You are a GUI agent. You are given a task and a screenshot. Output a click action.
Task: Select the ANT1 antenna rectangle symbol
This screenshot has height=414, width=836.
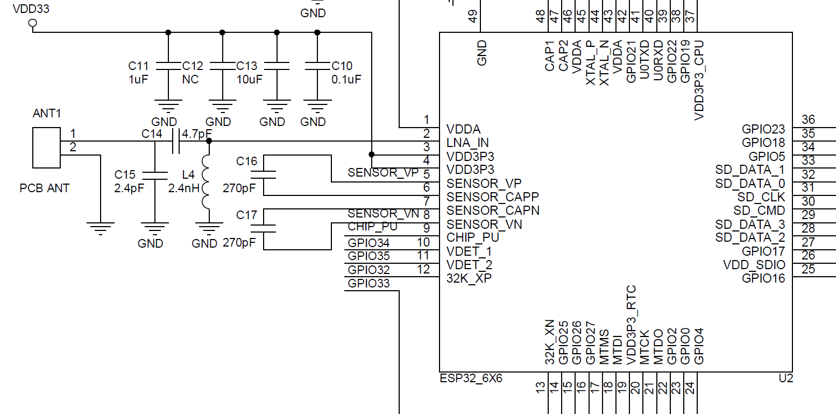46,148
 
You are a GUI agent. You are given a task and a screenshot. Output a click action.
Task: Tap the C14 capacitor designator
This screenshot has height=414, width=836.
152,134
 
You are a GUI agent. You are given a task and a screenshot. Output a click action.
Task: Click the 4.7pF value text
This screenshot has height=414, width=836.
197,134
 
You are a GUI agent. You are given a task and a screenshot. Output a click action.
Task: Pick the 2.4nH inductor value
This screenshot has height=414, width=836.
184,188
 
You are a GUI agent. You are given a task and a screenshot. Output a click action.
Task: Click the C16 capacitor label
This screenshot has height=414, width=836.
247,161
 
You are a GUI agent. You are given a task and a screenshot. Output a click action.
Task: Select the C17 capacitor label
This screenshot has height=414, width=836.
247,215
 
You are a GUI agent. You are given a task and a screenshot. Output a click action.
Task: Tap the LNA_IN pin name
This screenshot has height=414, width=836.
467,143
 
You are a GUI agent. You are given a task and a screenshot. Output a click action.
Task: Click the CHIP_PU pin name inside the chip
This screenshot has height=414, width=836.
473,237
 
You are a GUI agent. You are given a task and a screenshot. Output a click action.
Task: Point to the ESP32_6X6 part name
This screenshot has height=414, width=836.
471,378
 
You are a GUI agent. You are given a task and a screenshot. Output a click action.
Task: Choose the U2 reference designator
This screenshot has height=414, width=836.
786,378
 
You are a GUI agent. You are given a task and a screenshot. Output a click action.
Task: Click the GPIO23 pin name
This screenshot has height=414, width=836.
763,129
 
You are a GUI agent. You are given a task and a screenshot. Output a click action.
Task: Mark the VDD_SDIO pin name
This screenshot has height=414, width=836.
754,265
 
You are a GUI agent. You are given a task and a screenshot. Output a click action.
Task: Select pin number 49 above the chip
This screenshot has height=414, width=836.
473,16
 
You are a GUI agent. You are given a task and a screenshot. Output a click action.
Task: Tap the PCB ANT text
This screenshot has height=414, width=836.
45,188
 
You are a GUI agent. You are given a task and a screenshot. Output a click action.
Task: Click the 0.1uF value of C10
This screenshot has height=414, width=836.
346,79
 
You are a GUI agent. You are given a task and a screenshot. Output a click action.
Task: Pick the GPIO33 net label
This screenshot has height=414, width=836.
369,284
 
